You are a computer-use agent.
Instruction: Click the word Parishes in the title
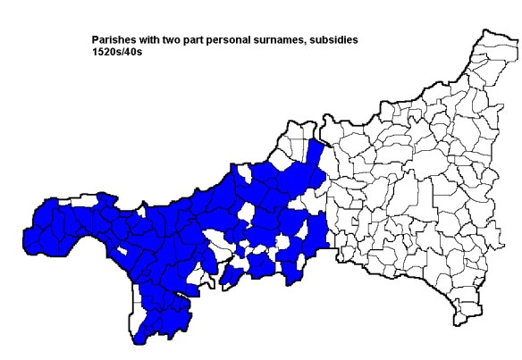pos(113,40)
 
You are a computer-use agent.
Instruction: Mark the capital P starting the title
pos(95,40)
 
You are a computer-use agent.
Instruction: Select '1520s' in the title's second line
pos(106,52)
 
